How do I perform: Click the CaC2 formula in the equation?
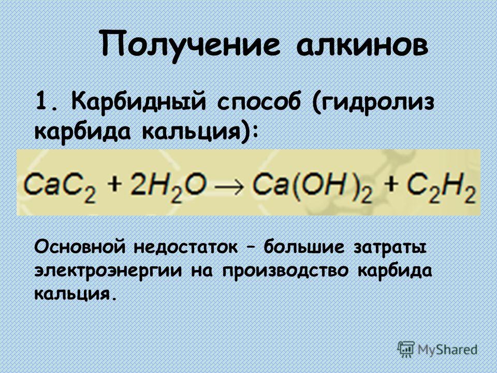(x=59, y=187)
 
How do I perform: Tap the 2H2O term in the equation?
(x=168, y=187)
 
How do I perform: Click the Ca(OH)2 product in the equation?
(x=313, y=187)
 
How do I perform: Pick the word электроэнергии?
(x=108, y=271)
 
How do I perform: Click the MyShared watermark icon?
(x=406, y=350)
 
